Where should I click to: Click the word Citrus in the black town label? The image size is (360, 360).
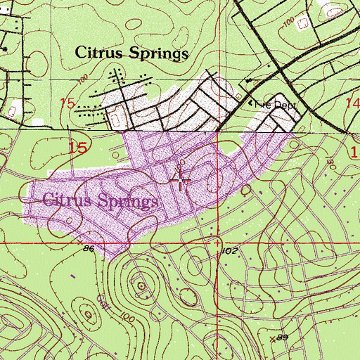tap(98, 53)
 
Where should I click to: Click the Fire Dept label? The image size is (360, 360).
tap(276, 104)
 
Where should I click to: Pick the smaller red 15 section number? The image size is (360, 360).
tap(67, 103)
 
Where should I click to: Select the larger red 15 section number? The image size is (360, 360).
tap(79, 148)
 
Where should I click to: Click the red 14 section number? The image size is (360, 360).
tap(352, 102)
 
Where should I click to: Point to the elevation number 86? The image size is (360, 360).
tap(88, 249)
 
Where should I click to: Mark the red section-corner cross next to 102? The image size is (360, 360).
tap(219, 242)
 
